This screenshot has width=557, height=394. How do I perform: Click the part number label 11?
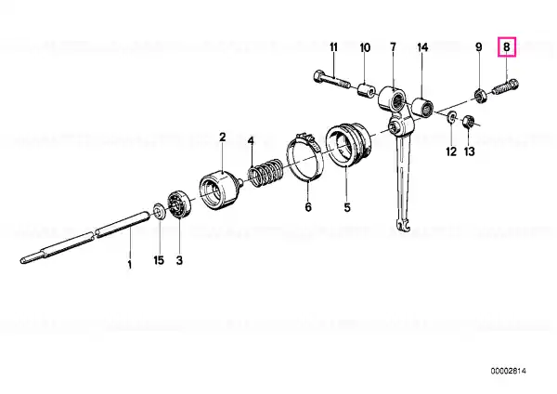tap(333, 47)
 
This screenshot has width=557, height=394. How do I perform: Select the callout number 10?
tap(365, 47)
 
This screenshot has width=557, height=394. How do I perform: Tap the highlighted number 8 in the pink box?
tap(507, 47)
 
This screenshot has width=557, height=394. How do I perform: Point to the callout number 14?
tap(422, 47)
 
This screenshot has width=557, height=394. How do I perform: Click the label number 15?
tap(159, 260)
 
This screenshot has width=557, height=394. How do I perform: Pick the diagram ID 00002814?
tap(509, 372)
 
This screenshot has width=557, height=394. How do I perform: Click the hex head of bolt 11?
tap(318, 76)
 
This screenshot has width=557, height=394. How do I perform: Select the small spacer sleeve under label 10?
tap(366, 90)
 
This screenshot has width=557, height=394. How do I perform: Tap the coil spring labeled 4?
tap(266, 173)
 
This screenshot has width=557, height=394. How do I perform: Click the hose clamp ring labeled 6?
tap(305, 157)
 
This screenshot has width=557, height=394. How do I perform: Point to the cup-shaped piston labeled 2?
tap(219, 190)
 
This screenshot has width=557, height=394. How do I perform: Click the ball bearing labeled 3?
tap(180, 204)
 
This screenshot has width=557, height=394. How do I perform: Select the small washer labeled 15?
tap(159, 212)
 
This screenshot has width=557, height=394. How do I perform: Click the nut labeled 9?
tap(480, 96)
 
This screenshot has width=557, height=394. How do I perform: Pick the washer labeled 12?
tap(451, 117)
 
